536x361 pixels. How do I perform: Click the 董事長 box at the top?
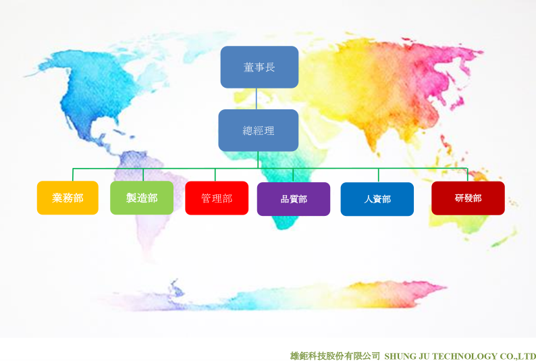(x=259, y=67)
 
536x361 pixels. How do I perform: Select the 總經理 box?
(x=259, y=130)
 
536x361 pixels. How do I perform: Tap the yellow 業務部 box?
(x=68, y=198)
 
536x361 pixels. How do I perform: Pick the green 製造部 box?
(x=142, y=198)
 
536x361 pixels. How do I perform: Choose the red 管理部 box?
(x=217, y=198)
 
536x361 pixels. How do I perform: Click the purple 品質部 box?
(x=294, y=199)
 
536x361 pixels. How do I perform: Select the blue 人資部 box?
(x=377, y=199)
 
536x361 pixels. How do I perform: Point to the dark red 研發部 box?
(x=468, y=198)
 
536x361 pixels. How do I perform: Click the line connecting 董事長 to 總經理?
(x=257, y=99)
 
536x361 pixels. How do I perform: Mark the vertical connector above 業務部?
(x=73, y=175)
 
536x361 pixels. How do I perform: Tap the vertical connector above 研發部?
(x=467, y=175)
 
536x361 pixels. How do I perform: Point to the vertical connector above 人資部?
(x=379, y=175)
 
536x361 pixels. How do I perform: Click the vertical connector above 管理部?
(x=215, y=175)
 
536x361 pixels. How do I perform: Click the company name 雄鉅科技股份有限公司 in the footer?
(x=335, y=356)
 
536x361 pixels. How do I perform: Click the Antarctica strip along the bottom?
(x=273, y=297)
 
